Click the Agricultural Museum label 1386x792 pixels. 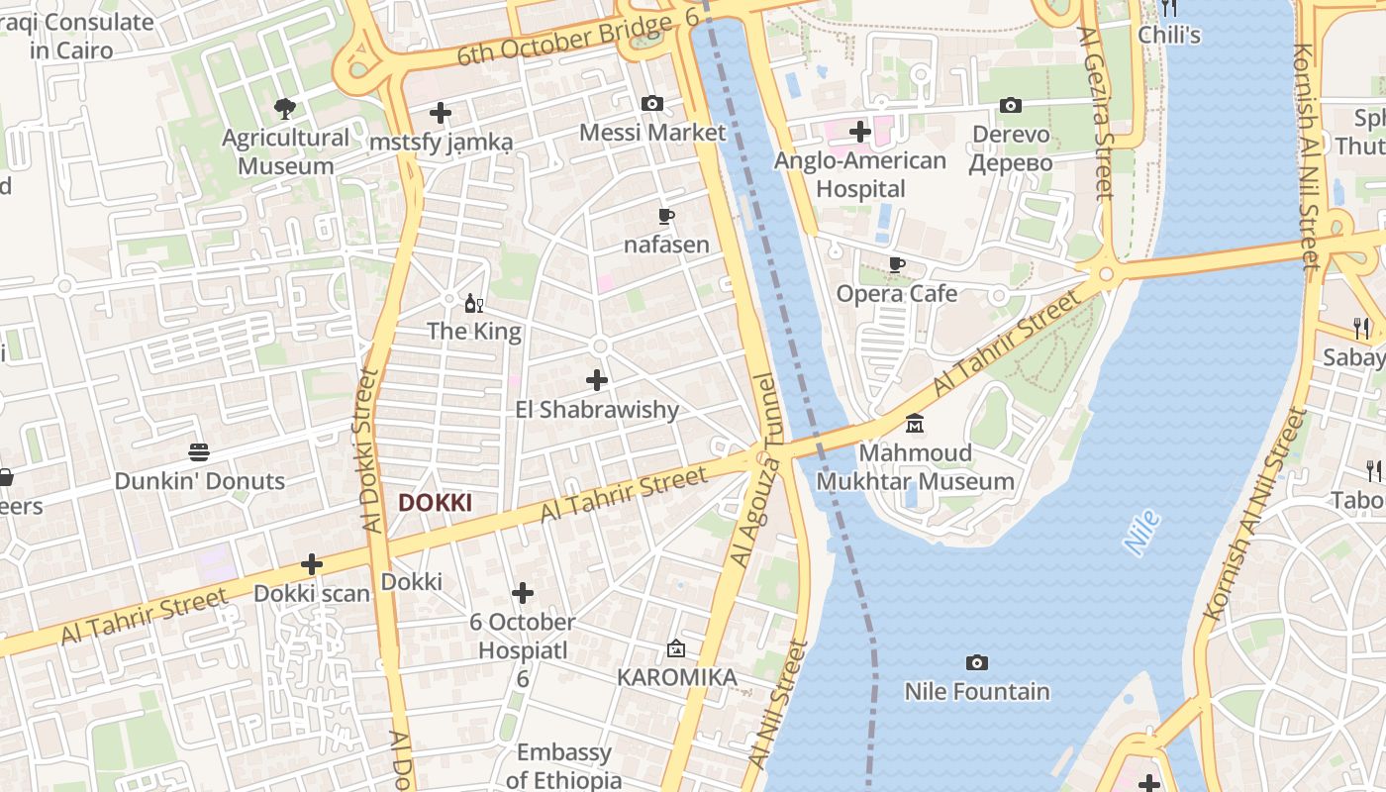pyautogui.click(x=286, y=151)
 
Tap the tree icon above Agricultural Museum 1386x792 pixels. pyautogui.click(x=285, y=108)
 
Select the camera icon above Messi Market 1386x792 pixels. pyautogui.click(x=651, y=103)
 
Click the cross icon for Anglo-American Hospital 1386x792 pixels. pyautogui.click(x=859, y=131)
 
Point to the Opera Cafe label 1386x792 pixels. pyautogui.click(x=897, y=293)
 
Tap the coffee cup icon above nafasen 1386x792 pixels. pyautogui.click(x=666, y=216)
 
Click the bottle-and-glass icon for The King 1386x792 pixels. pyautogui.click(x=474, y=303)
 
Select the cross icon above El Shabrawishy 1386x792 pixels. pyautogui.click(x=597, y=380)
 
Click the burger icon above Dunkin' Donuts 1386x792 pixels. pyautogui.click(x=199, y=453)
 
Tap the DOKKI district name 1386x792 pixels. pyautogui.click(x=435, y=503)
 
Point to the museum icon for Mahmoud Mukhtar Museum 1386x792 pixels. pyautogui.click(x=915, y=424)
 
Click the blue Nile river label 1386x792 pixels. pyautogui.click(x=1142, y=533)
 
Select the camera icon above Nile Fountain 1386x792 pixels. pyautogui.click(x=977, y=662)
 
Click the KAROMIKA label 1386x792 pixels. pyautogui.click(x=677, y=677)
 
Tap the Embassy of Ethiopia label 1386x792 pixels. pyautogui.click(x=564, y=765)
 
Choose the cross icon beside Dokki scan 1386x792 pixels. pyautogui.click(x=312, y=565)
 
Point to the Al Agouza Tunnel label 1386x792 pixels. pyautogui.click(x=754, y=469)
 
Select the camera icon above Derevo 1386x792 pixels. pyautogui.click(x=1010, y=105)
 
